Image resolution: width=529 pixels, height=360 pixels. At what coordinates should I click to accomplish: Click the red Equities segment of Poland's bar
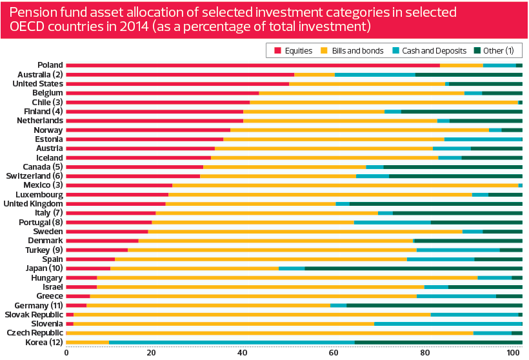tap(252, 65)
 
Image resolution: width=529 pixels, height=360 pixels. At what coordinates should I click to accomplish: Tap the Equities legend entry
tap(295, 50)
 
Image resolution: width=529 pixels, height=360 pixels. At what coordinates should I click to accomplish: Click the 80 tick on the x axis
tap(424, 353)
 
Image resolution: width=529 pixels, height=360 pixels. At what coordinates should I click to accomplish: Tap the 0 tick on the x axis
tap(66, 353)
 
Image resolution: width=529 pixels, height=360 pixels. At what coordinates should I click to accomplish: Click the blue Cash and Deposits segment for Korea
tap(232, 342)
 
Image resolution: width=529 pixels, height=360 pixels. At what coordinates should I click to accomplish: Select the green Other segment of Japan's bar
tap(413, 268)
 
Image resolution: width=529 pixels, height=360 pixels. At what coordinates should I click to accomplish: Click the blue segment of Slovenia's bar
tap(448, 323)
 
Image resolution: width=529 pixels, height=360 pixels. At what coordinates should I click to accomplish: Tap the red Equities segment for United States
tap(177, 84)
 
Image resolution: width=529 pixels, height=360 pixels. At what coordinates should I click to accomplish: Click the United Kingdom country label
tap(33, 203)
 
